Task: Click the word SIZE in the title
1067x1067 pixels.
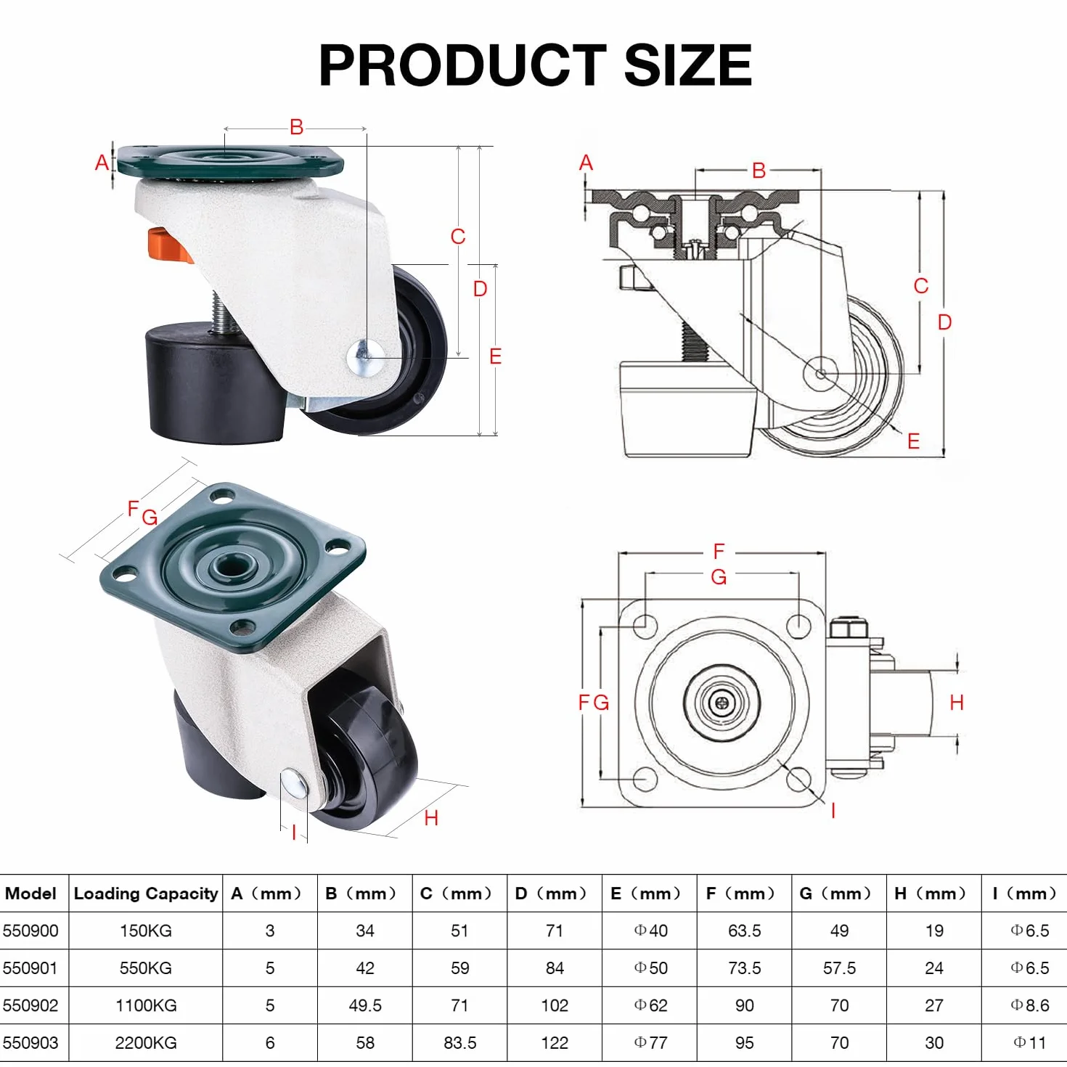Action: coord(687,65)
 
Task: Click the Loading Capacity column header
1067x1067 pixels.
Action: coord(146,893)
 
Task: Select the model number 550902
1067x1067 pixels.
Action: coord(30,1005)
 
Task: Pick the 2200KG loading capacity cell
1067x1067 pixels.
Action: coord(146,1042)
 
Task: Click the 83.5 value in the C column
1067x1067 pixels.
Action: coord(459,1042)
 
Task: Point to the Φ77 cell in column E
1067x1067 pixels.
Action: coord(650,1042)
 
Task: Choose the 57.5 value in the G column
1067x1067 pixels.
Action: coord(839,968)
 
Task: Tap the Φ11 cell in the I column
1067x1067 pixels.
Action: coord(1029,1042)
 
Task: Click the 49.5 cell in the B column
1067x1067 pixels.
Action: coord(365,1005)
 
